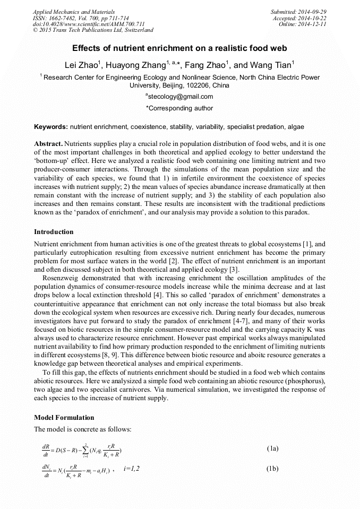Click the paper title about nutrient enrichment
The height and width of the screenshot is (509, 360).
[179, 48]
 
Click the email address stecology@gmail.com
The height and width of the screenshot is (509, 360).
[179, 97]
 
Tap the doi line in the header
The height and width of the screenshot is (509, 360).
[89, 24]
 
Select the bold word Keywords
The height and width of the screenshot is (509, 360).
[50, 127]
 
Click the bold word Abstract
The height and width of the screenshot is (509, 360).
[48, 144]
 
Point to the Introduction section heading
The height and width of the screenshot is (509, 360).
[54, 232]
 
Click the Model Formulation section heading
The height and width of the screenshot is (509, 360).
[64, 418]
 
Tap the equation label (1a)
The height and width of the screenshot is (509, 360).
[272, 448]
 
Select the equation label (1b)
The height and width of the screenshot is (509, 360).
[272, 469]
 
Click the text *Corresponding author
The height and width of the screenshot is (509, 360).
[179, 108]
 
